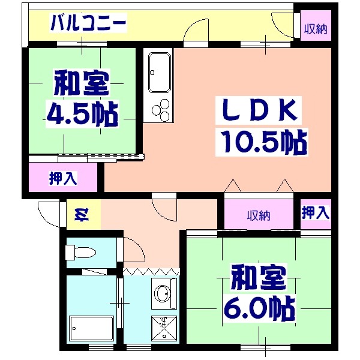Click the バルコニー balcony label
[x=88, y=24]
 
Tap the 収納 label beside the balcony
[x=315, y=29]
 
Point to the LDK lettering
[x=259, y=110]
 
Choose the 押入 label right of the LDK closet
[x=316, y=212]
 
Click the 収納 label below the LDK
[x=259, y=215]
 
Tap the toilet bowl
[x=80, y=251]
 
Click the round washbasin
[x=161, y=295]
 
